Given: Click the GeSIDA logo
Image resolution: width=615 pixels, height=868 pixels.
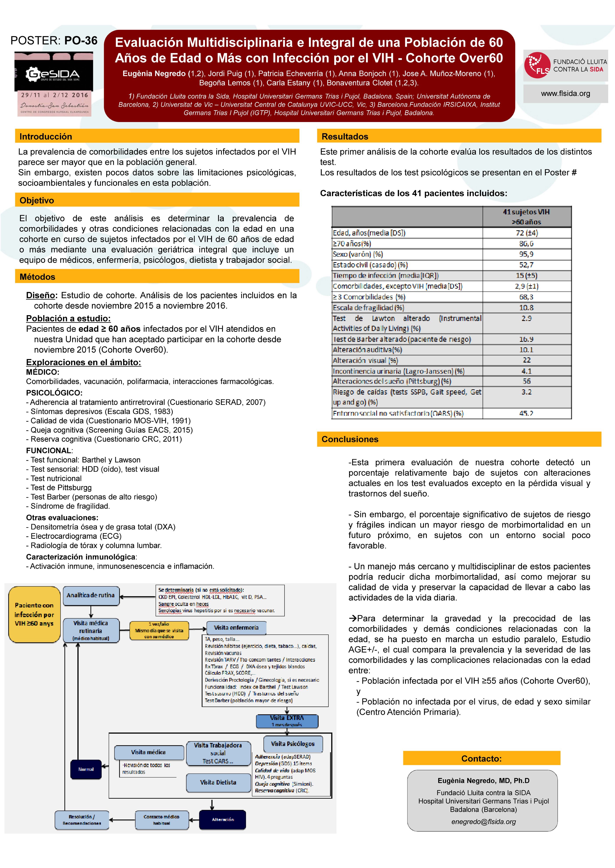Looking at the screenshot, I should coord(53,74).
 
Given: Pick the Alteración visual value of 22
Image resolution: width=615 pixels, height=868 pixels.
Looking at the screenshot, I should coord(526,360).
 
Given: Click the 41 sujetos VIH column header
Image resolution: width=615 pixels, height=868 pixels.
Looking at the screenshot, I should coord(526,217).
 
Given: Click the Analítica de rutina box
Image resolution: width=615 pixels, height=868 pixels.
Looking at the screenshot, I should coord(91,595).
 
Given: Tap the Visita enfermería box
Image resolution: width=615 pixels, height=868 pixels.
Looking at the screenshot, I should coord(236,627).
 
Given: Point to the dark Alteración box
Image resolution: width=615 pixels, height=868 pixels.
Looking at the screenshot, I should coord(223,819).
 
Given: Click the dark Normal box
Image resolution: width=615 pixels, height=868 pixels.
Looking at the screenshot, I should coord(86,769).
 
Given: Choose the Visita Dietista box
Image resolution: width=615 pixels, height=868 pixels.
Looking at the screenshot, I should coord(218,782).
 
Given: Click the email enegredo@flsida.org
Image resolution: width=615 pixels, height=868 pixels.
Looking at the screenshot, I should coord(483,821).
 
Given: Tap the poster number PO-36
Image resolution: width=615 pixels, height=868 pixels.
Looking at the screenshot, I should coord(81,41).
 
